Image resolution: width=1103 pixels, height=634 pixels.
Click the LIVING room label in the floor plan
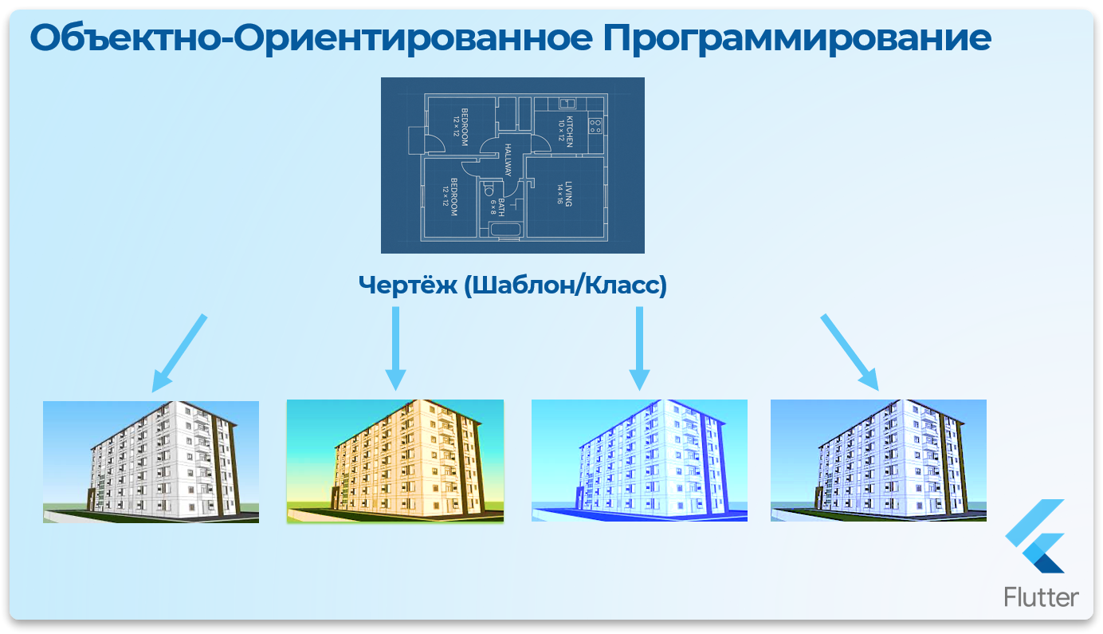click(x=564, y=194)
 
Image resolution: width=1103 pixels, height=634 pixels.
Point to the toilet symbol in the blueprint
click(x=488, y=190)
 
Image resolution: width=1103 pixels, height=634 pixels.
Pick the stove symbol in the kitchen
click(x=595, y=124)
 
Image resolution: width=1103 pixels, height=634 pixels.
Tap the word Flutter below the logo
click(x=1042, y=597)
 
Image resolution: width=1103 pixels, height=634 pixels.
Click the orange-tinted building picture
click(x=395, y=461)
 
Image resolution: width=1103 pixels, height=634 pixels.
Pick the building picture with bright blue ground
click(x=639, y=461)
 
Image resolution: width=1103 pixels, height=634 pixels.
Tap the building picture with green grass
click(x=151, y=462)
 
